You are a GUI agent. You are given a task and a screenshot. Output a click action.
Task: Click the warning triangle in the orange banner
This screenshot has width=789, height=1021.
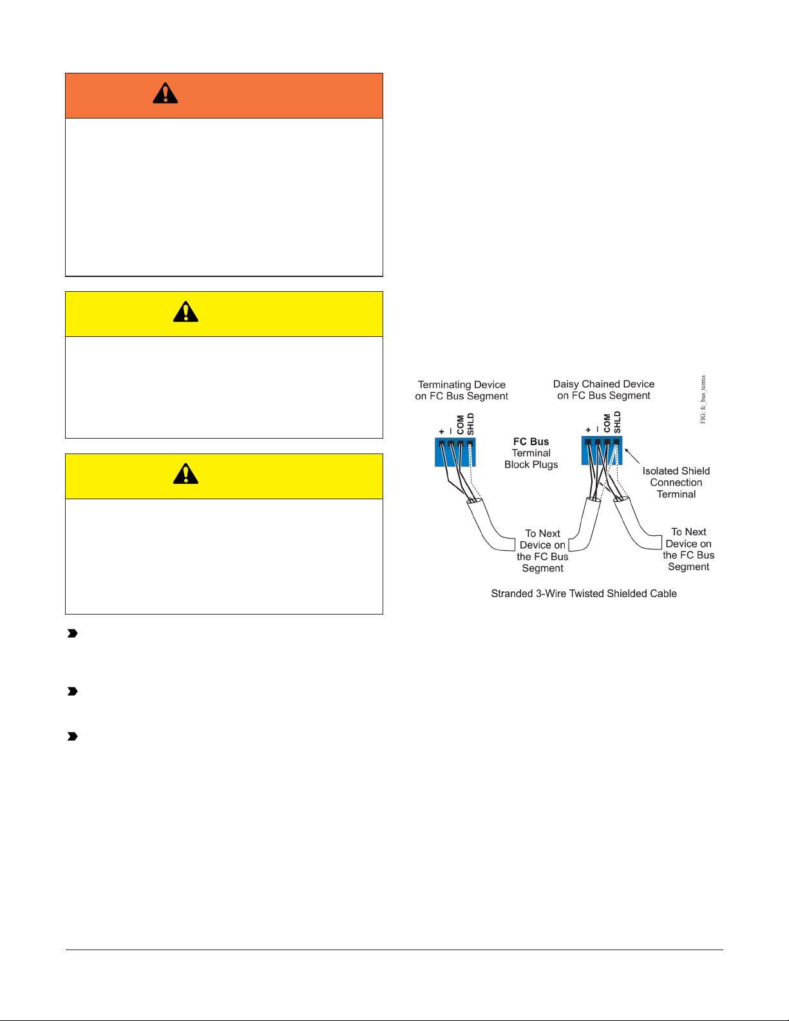point(166,94)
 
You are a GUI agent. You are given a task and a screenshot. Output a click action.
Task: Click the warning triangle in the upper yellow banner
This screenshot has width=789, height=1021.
point(185,312)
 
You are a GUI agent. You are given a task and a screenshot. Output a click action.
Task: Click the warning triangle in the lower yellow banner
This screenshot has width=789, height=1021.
point(185,474)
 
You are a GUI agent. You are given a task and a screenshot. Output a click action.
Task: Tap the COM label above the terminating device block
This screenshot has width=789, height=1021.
point(461,425)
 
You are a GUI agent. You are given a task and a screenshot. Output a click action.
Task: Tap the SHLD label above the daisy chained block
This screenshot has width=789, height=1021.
point(617,422)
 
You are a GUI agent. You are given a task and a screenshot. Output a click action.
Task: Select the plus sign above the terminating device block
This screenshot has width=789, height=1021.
point(441,432)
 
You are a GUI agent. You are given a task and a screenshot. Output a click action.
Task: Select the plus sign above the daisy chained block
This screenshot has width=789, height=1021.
point(588,430)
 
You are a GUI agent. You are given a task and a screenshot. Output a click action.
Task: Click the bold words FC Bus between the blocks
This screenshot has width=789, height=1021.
point(531,442)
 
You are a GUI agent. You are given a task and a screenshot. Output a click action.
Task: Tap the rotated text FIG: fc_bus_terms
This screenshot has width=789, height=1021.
point(703,399)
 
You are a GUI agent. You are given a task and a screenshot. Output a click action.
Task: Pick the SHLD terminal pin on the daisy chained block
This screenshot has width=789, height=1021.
point(616,442)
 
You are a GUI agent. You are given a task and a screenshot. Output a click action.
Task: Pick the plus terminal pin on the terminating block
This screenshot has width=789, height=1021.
point(441,443)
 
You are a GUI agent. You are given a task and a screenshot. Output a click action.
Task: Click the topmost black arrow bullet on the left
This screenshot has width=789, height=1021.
point(73,634)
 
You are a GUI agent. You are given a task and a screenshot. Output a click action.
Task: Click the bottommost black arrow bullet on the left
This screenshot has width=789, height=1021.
point(73,736)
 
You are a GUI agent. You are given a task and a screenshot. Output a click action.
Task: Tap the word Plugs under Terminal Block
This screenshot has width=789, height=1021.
point(544,464)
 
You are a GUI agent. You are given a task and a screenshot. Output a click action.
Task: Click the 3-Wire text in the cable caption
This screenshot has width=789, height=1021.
point(553,593)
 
